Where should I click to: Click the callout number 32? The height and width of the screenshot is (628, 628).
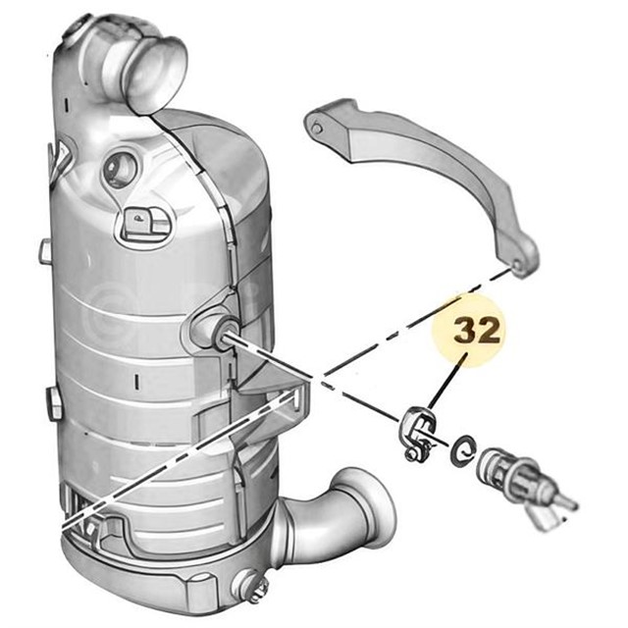[x=477, y=332]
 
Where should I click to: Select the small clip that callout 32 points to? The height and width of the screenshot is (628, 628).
[x=416, y=434]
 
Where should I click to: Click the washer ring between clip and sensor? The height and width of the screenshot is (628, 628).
[x=462, y=450]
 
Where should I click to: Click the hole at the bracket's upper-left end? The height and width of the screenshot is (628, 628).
[x=316, y=129]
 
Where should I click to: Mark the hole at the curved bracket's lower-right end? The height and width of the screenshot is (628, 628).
[x=517, y=265]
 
